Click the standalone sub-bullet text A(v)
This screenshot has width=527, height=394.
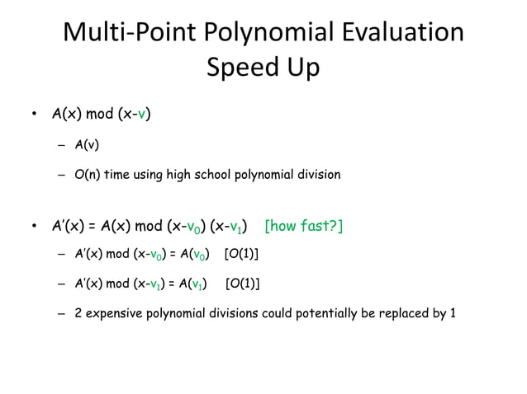pos(87,146)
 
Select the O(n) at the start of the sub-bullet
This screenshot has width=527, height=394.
pos(87,175)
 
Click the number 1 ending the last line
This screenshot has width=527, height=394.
pos(453,313)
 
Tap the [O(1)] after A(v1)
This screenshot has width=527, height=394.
pos(243,284)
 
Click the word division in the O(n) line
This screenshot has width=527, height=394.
pos(317,175)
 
